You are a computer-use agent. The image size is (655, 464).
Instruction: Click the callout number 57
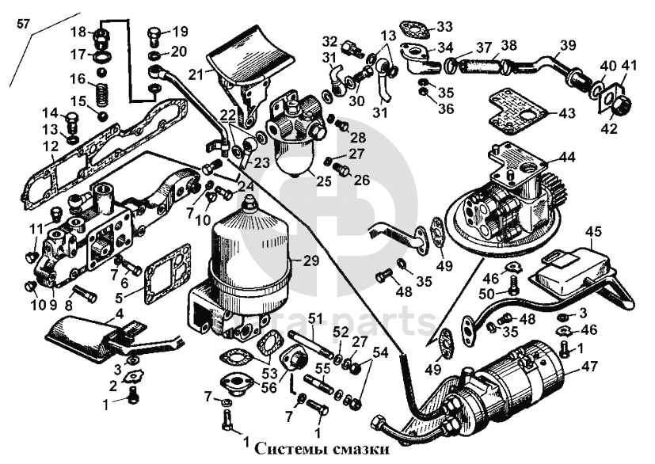[x=24, y=25]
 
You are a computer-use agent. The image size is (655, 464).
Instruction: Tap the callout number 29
[x=311, y=261]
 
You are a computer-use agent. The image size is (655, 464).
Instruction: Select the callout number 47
[x=589, y=367]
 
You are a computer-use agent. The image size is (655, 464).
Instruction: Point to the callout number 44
[x=567, y=158]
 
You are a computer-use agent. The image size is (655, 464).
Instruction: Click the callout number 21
[x=196, y=74]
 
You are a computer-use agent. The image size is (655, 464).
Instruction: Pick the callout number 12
[x=50, y=146]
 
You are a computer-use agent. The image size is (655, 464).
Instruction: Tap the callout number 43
[x=567, y=113]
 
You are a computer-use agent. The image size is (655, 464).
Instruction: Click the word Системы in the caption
[x=290, y=450]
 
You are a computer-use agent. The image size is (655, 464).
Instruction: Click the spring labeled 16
[x=101, y=95]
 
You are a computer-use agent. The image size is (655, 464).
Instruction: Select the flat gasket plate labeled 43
[x=516, y=110]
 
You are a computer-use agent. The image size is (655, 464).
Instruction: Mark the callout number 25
[x=324, y=181]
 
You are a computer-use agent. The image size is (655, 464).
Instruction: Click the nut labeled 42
[x=623, y=105]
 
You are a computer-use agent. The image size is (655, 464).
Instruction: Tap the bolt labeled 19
[x=154, y=36]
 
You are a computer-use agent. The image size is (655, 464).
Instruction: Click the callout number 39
[x=568, y=45]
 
